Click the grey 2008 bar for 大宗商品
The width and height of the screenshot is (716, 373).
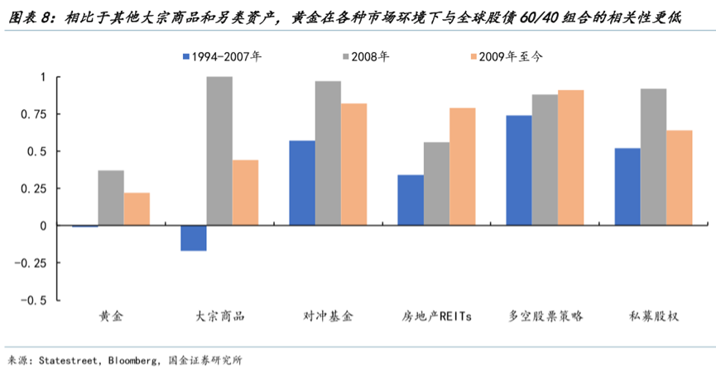click(219, 151)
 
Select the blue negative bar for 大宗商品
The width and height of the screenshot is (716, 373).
click(193, 238)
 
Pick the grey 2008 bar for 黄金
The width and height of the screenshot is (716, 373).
click(111, 198)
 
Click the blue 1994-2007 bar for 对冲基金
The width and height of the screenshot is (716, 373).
click(301, 183)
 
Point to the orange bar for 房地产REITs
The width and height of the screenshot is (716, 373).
click(462, 166)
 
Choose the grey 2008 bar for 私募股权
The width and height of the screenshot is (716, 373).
click(653, 156)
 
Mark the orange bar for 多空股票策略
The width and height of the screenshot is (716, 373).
click(570, 157)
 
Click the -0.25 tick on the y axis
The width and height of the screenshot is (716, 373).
click(31, 263)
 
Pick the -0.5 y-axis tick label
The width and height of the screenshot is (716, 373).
click(34, 300)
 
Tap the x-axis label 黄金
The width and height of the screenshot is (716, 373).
click(111, 317)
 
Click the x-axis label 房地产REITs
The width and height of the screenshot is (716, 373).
click(436, 317)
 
